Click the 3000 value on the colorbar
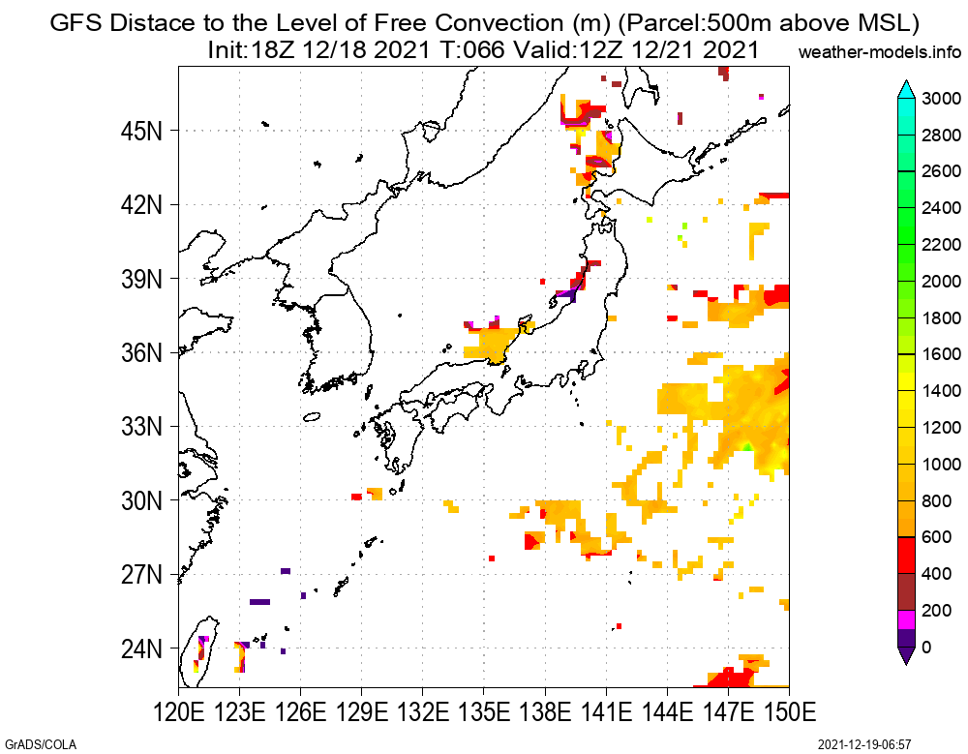click(941, 99)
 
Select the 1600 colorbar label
click(941, 354)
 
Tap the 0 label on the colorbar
click(927, 648)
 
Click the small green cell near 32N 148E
click(747, 446)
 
